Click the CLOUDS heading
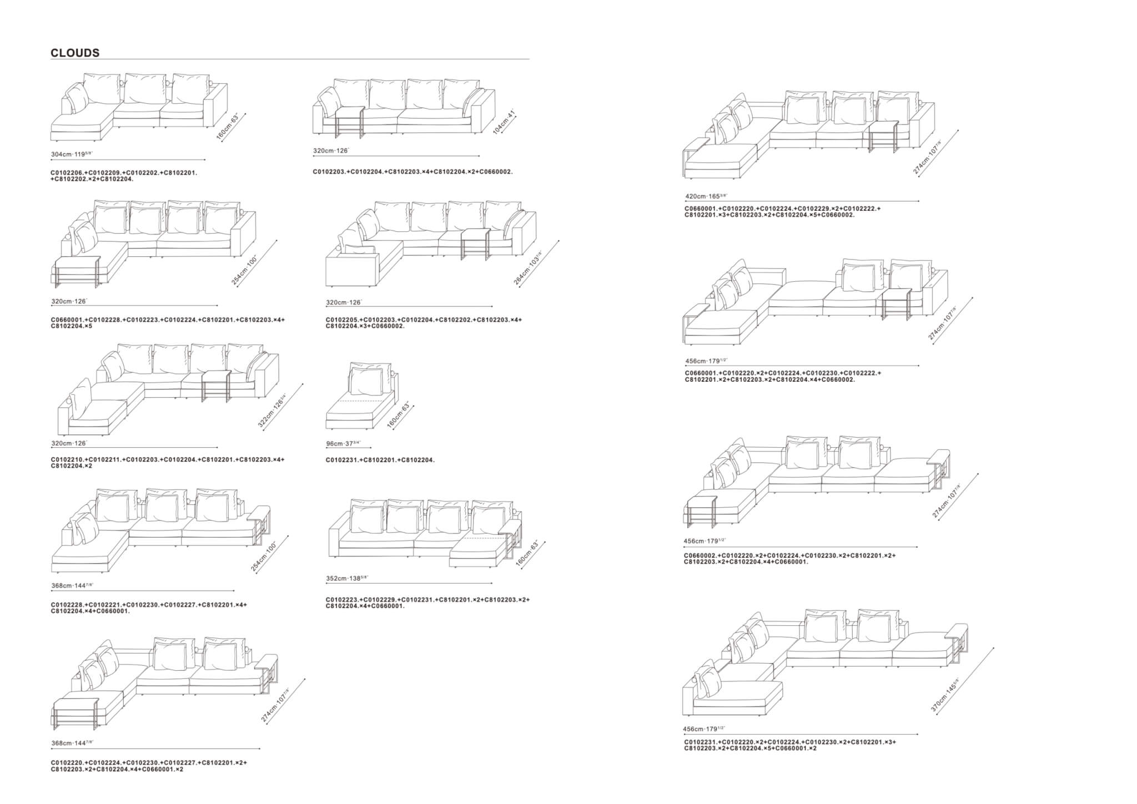[75, 53]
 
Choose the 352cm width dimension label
[347, 578]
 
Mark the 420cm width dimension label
[706, 196]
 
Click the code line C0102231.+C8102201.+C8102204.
[380, 460]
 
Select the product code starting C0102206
[124, 176]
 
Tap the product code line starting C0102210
[168, 463]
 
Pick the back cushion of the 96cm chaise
[366, 382]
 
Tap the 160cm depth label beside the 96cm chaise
[401, 415]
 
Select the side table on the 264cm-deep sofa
[475, 244]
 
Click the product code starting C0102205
[424, 323]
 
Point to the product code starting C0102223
[427, 603]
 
